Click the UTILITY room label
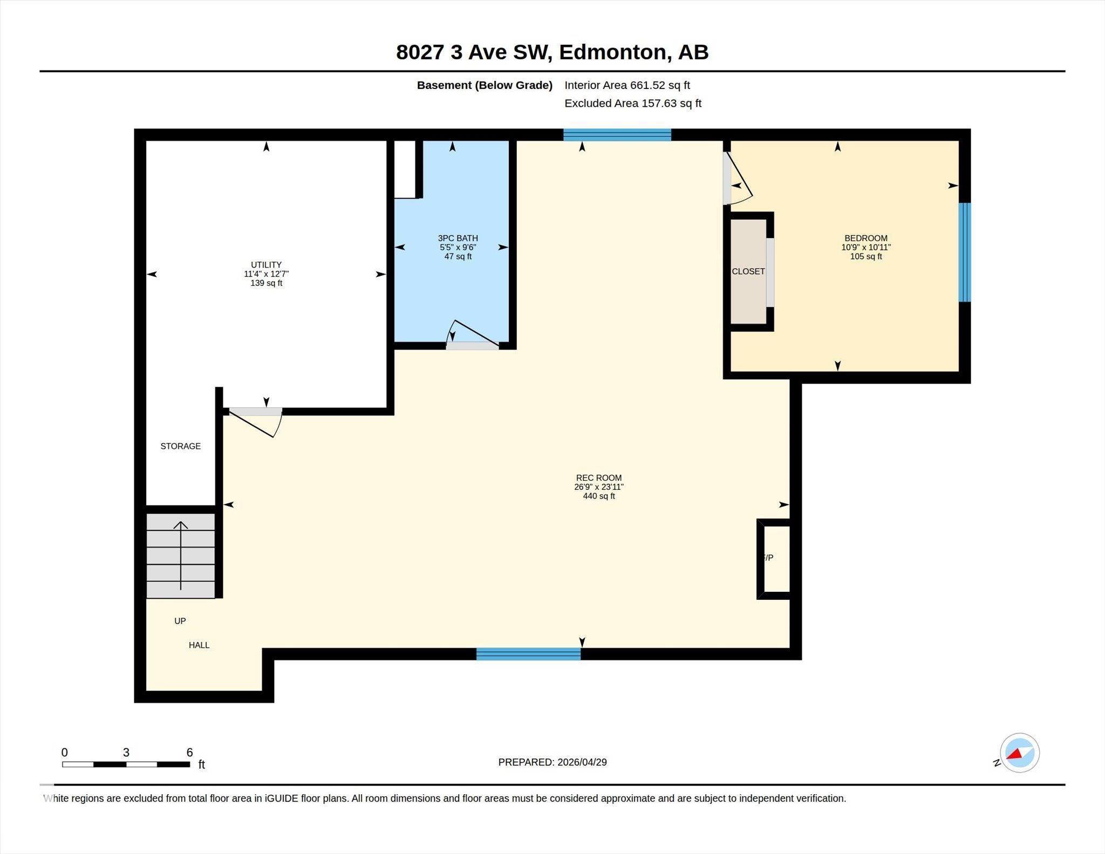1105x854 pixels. pos(266,265)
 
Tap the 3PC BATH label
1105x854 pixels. pos(458,238)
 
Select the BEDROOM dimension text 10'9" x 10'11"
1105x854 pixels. pos(865,247)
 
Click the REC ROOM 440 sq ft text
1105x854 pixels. pos(598,496)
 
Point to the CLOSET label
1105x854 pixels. pos(748,271)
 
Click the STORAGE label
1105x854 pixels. pos(180,446)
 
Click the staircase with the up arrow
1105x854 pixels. pos(181,556)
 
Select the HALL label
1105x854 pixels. pos(199,645)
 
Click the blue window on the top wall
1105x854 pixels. pos(617,135)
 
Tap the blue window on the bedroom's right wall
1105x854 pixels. pos(964,252)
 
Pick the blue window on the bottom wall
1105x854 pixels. pos(528,654)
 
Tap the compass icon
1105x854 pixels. pos(1019,753)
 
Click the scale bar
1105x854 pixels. pos(126,764)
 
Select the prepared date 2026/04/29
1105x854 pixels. pos(582,762)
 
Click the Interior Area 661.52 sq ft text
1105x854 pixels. pos(627,85)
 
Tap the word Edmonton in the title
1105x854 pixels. pos(615,52)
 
